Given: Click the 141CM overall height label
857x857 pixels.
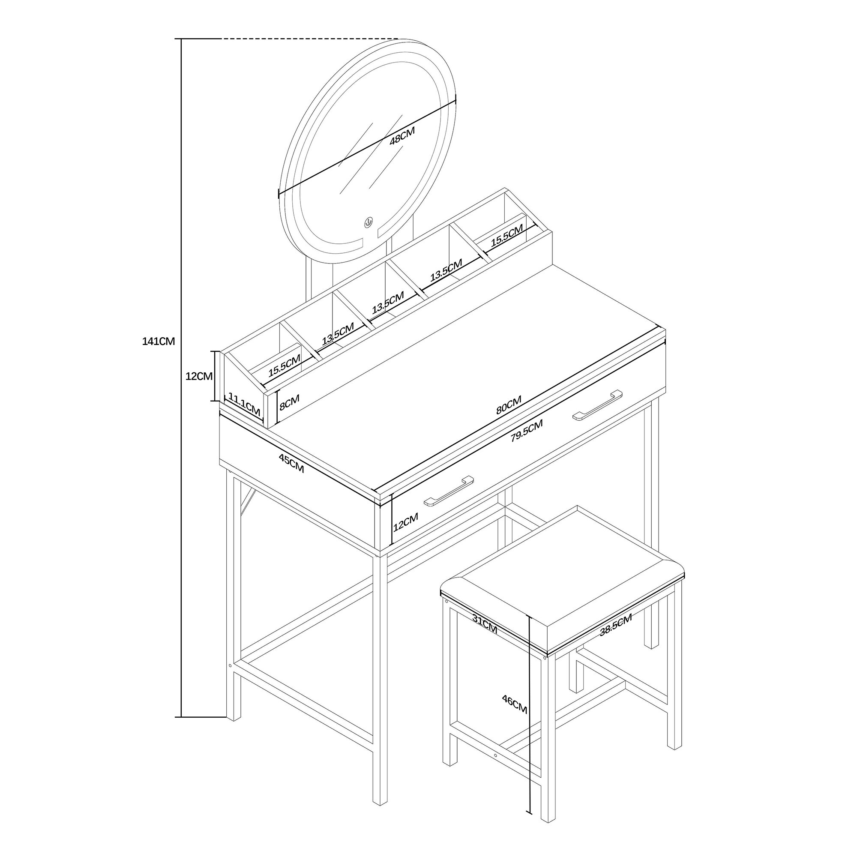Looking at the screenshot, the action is click(159, 341).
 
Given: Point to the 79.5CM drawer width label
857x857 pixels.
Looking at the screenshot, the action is click(527, 431).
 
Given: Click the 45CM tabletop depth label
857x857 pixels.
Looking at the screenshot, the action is click(291, 463).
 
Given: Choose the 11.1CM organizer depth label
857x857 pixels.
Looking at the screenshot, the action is click(244, 404).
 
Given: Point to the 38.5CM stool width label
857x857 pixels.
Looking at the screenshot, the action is click(615, 626).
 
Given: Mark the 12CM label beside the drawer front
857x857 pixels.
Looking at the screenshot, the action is click(405, 522).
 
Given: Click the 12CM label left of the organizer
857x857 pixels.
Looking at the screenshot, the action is click(199, 376).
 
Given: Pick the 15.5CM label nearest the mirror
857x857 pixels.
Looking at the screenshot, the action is click(507, 235).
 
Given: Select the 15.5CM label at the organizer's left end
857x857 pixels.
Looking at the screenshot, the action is click(285, 366).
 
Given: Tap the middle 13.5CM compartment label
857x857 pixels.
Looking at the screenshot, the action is click(388, 302).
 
